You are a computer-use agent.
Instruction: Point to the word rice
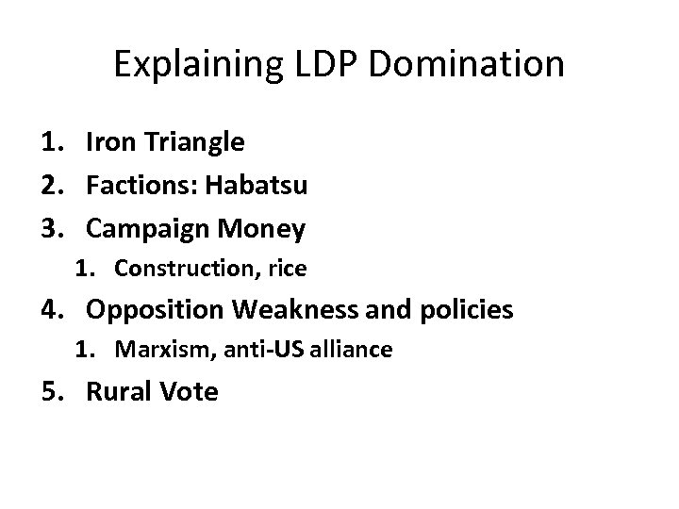286,269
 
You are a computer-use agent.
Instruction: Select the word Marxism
156,350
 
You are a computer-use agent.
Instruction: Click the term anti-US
244,350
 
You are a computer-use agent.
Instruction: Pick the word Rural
116,390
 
